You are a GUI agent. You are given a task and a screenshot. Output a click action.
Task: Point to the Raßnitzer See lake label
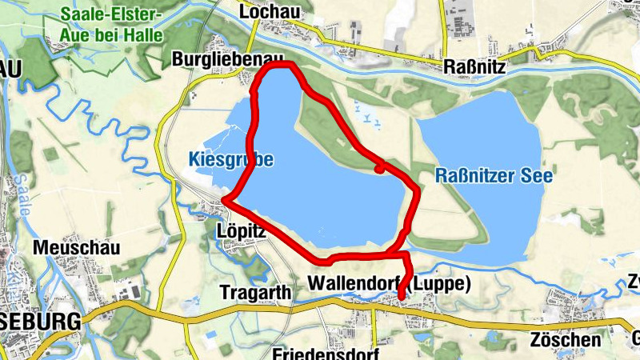pyautogui.click(x=494, y=176)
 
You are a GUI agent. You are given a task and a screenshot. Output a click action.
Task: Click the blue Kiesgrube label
pyautogui.click(x=232, y=160)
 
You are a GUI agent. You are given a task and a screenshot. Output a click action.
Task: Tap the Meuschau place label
pyautogui.click(x=76, y=248)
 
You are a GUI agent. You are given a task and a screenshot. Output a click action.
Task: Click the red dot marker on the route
pyautogui.click(x=381, y=167)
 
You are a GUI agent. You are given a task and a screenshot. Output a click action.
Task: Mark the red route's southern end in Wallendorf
pyautogui.click(x=402, y=297)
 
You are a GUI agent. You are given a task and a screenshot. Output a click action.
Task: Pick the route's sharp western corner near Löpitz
pyautogui.click(x=226, y=198)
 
